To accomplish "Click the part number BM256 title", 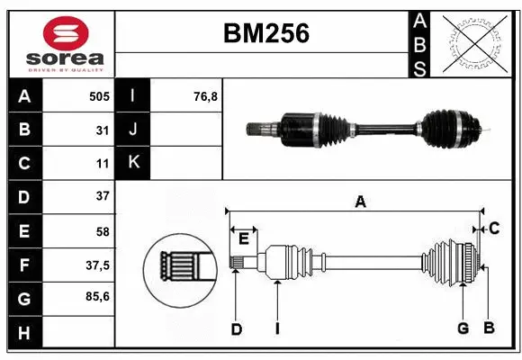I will pyautogui.click(x=265, y=33).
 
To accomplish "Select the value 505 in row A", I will pyautogui.click(x=98, y=95).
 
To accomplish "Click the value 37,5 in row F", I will pyautogui.click(x=97, y=265).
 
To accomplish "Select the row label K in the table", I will pyautogui.click(x=133, y=162).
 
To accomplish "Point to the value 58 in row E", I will pyautogui.click(x=102, y=231).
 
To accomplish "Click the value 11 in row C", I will pyautogui.click(x=103, y=164).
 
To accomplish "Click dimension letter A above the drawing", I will pyautogui.click(x=360, y=202).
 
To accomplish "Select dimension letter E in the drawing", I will pyautogui.click(x=243, y=238).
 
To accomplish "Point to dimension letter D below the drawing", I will pyautogui.click(x=236, y=329).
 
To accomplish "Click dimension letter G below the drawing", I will pyautogui.click(x=463, y=328).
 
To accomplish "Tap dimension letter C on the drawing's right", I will pyautogui.click(x=494, y=229).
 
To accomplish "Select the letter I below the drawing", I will pyautogui.click(x=278, y=329).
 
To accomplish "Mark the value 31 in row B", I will pyautogui.click(x=103, y=130).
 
